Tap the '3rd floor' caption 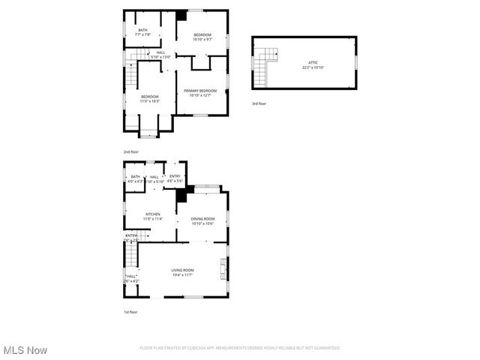click(259, 103)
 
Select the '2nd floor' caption click(131, 152)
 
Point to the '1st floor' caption click(130, 312)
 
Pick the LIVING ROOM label click(182, 270)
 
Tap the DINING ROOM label click(202, 218)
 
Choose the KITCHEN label click(153, 214)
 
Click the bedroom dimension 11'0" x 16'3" click(150, 100)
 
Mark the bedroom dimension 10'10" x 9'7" click(202, 40)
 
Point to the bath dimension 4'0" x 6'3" click(135, 181)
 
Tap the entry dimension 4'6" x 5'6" click(175, 181)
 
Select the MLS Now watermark click(25, 350)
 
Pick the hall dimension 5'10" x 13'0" click(161, 56)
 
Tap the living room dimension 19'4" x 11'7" click(182, 274)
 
